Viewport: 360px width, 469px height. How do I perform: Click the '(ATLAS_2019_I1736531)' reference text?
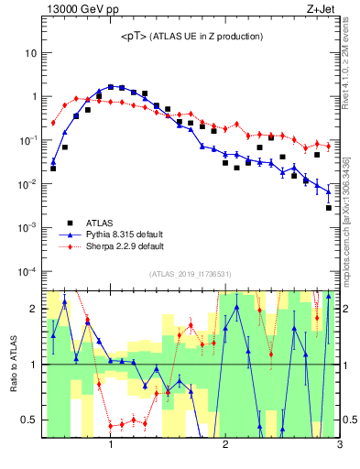191,274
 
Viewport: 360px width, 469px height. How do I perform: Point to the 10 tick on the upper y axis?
31,53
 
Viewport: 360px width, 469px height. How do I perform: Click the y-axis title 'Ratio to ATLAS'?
12,364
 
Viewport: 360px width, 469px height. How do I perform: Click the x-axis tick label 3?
339,446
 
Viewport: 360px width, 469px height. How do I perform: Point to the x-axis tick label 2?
225,446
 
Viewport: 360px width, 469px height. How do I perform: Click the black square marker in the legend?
70,222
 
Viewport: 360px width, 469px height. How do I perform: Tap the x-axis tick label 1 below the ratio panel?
111,446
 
